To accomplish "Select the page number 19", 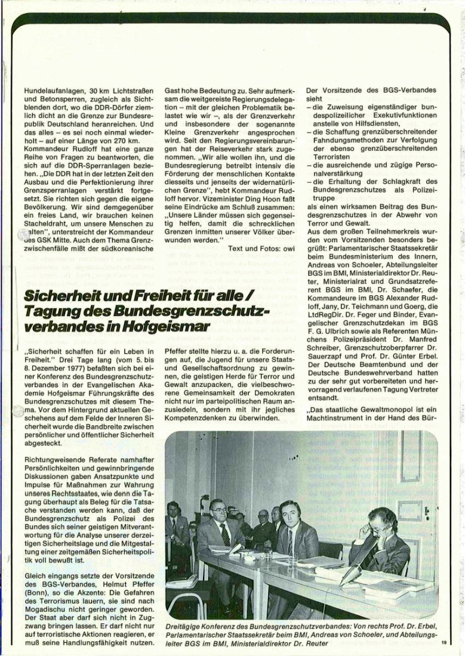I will point(444,642).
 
